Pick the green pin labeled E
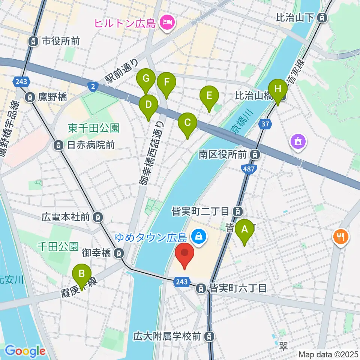click(x=209, y=95)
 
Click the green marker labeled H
click(x=277, y=89)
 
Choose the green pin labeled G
click(x=146, y=79)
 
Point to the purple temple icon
click(x=298, y=142)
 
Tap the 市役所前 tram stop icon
click(x=34, y=41)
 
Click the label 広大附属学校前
click(x=169, y=336)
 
